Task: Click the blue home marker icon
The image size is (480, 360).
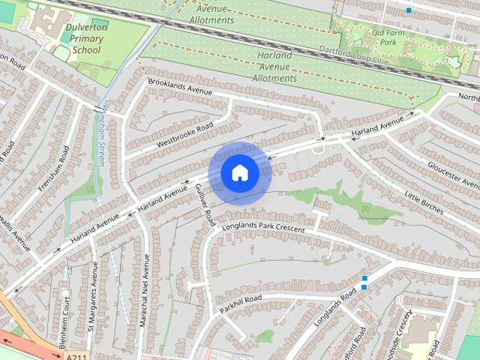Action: (x=239, y=172)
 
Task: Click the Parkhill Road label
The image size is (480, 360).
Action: (x=241, y=304)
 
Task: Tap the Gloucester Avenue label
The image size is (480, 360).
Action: (x=453, y=175)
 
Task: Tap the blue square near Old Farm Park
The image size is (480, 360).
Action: (x=408, y=10)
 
